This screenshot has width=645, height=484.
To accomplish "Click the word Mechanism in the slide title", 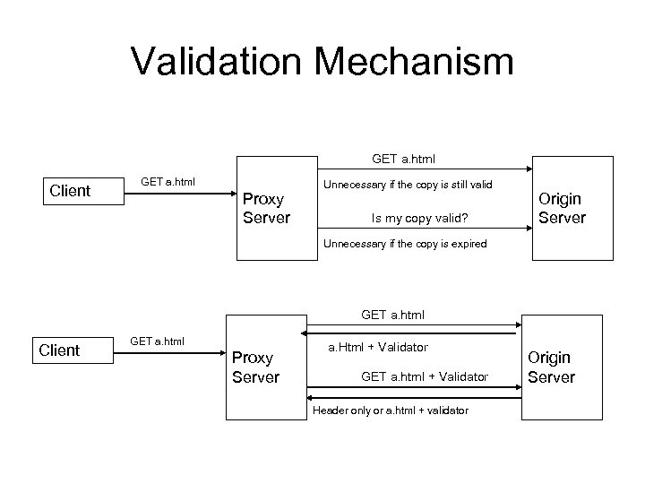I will coord(420,62).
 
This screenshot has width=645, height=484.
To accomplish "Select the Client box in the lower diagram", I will coord(60,350).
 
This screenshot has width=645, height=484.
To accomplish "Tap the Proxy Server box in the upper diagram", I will coord(266,208).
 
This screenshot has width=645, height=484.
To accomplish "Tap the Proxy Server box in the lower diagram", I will coord(255,367).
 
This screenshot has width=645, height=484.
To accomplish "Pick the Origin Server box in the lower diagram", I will coord(551,367).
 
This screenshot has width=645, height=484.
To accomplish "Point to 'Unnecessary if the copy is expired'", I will coord(405,244).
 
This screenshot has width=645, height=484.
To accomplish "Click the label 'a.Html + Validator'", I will coord(378,346).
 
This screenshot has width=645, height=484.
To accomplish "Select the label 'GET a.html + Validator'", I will coord(425,376).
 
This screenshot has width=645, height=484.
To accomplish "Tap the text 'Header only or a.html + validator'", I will coord(390,410).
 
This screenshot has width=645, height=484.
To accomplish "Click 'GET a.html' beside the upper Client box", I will coord(168,183).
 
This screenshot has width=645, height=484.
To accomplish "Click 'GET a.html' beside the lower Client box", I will coord(158,341).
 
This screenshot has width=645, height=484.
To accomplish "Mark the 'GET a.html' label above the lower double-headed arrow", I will coord(393,315).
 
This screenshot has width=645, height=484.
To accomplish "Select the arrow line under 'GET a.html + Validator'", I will coord(413,388).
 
